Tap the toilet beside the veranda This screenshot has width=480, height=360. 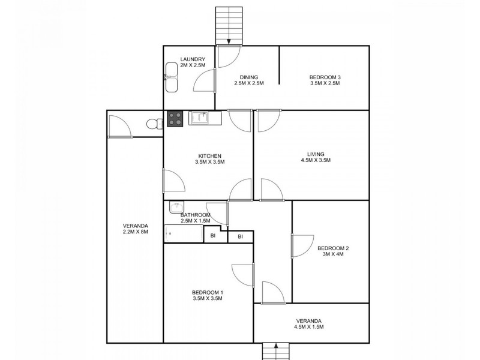click(154, 124)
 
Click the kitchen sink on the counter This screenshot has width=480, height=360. click(199, 118)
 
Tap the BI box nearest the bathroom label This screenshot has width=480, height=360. click(213, 236)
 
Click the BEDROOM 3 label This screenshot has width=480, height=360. click(325, 77)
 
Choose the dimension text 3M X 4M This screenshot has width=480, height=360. click(333, 254)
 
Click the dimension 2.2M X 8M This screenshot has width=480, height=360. click(135, 232)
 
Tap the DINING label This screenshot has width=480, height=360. click(249, 77)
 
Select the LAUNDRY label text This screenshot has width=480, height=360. click(193, 59)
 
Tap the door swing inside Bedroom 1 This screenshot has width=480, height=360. click(245, 274)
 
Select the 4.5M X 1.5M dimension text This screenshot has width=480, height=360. click(311, 327)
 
